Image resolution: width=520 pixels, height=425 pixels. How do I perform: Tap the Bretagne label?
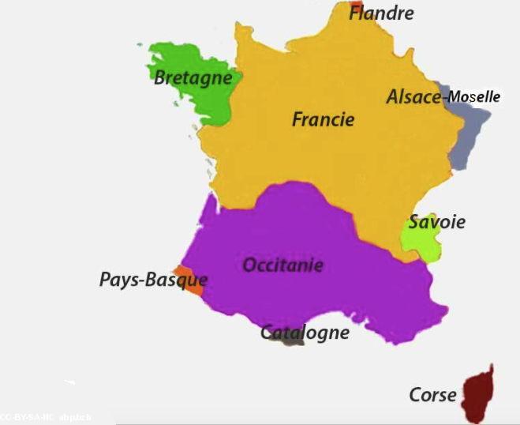[x=193, y=77]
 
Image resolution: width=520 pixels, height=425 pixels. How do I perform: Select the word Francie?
[x=323, y=120]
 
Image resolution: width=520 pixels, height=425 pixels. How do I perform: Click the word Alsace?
[x=413, y=97]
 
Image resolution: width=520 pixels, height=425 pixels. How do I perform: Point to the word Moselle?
[x=473, y=97]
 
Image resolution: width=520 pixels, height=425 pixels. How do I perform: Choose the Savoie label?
[x=436, y=222]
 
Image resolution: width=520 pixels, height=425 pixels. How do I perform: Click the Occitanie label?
[x=282, y=265]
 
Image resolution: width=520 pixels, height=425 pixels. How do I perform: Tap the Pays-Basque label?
[x=153, y=280]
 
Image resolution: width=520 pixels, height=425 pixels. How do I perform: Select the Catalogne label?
[x=305, y=332]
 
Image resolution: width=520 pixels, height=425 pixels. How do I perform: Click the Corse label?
[x=432, y=394]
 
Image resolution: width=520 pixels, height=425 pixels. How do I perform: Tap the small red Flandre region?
[x=356, y=9]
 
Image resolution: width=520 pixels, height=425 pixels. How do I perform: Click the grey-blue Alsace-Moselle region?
[x=473, y=126]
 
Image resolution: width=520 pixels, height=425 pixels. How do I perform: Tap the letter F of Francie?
[x=298, y=120]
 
